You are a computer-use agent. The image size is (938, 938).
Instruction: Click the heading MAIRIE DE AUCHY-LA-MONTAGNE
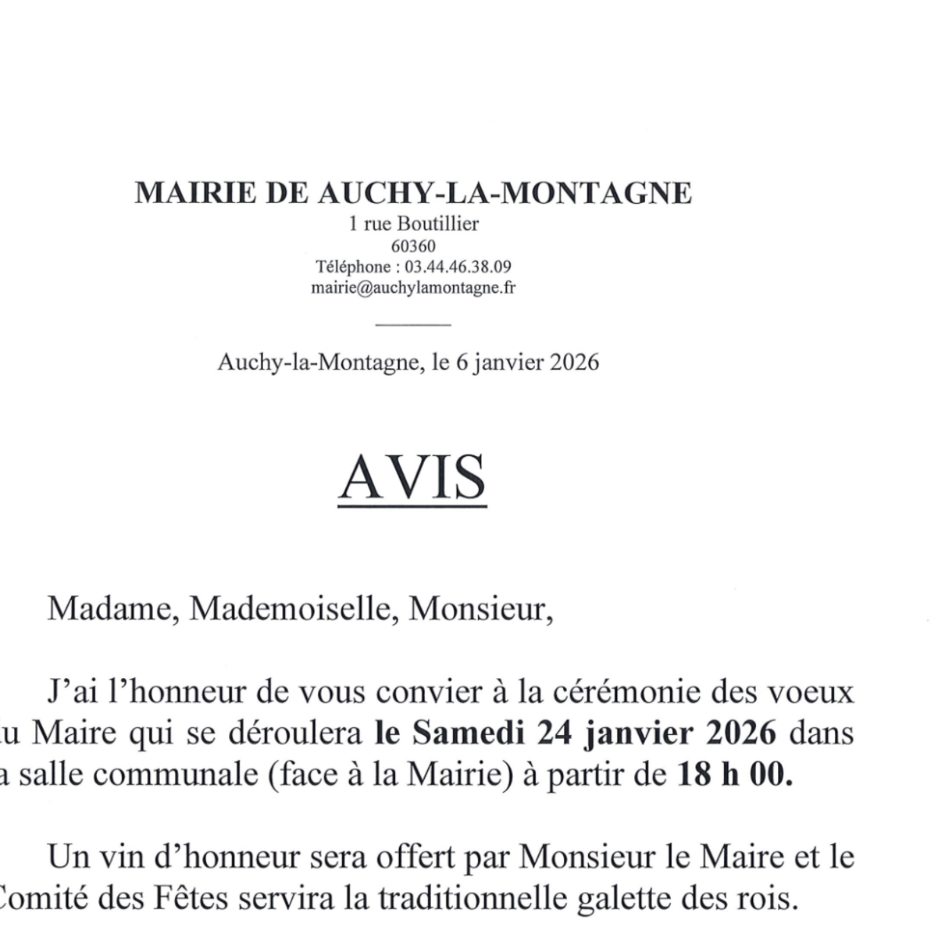(413, 193)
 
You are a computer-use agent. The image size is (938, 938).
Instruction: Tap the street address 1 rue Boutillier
(413, 225)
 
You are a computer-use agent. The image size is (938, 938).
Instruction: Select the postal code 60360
(413, 247)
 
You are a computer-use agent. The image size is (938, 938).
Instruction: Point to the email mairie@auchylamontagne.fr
(413, 288)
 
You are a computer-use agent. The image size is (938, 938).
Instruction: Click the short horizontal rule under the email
(413, 323)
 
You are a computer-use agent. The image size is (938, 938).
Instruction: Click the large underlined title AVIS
(412, 477)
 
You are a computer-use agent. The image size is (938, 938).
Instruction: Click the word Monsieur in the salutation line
(480, 608)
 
